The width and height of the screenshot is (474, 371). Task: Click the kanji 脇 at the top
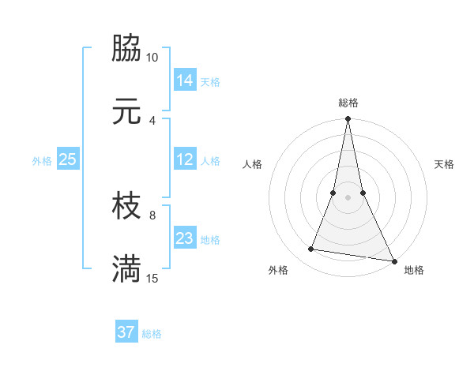click(x=127, y=49)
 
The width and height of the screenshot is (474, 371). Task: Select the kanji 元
click(x=127, y=111)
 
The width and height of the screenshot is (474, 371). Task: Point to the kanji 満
click(x=127, y=269)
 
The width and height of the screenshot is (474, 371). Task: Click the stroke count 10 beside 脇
click(x=152, y=58)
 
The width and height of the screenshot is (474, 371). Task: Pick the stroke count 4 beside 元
click(x=152, y=120)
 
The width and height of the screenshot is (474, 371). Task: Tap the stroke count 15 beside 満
click(x=152, y=278)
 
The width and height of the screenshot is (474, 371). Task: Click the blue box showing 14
click(x=185, y=80)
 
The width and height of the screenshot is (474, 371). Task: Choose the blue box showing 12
click(x=185, y=159)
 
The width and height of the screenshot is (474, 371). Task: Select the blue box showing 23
click(x=185, y=238)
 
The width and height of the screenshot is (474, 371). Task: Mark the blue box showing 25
click(x=68, y=159)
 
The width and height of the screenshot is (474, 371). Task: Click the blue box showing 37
click(x=126, y=332)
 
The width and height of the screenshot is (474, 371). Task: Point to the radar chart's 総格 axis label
click(x=348, y=103)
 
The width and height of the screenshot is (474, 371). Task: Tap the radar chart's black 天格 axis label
click(x=445, y=164)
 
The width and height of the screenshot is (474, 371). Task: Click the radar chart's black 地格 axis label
click(x=414, y=270)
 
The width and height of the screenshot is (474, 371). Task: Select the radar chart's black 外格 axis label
click(x=278, y=270)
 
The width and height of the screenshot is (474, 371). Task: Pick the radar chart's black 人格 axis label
click(x=252, y=164)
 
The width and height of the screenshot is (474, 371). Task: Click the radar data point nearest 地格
click(x=393, y=260)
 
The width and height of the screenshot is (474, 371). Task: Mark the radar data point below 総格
click(x=348, y=120)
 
